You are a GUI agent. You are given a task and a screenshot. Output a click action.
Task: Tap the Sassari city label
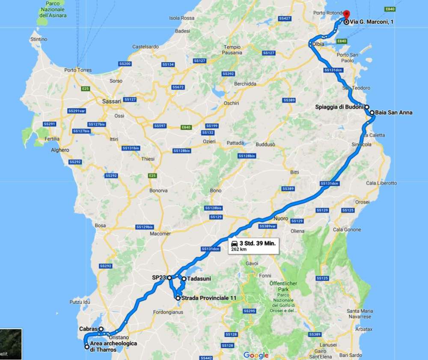(x=112, y=101)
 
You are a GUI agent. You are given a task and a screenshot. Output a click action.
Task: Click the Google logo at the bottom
(x=256, y=355)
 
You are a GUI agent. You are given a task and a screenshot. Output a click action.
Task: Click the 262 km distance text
(x=239, y=249)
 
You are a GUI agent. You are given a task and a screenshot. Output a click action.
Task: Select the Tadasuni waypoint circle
(x=184, y=279)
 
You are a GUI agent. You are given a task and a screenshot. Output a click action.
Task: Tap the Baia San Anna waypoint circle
(x=372, y=113)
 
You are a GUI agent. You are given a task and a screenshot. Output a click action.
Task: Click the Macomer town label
(x=160, y=234)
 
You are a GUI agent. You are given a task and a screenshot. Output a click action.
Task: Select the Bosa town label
(x=101, y=225)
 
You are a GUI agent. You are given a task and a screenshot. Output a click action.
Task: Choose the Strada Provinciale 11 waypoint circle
(x=178, y=298)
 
